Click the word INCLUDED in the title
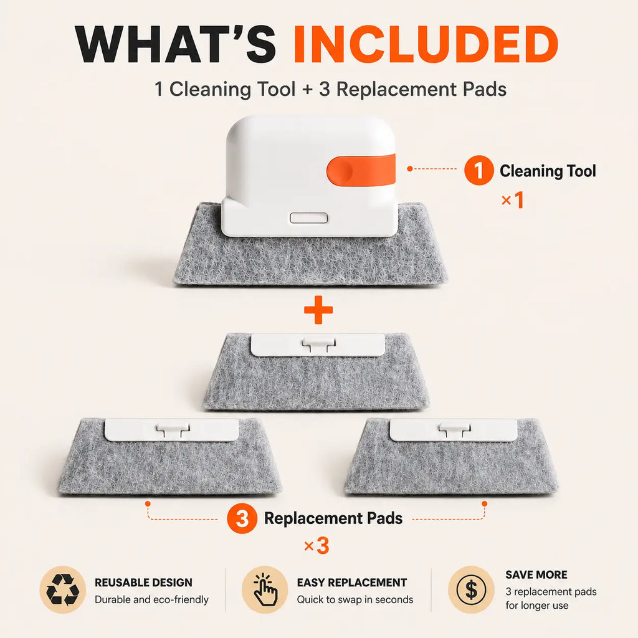tap(426, 45)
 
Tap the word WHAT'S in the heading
tap(176, 45)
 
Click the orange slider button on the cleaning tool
tap(361, 170)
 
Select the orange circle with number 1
tap(479, 171)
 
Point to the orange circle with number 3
tap(242, 518)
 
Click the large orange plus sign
tap(318, 310)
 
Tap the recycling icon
tap(63, 589)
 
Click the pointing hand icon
tap(265, 589)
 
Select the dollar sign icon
tap(471, 589)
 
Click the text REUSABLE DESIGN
tap(144, 583)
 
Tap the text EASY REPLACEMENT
tap(352, 583)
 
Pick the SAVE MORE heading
tap(536, 574)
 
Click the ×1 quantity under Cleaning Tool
tap(513, 200)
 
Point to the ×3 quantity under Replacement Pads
tap(317, 546)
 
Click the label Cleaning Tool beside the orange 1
tap(548, 171)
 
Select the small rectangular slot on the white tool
tap(309, 217)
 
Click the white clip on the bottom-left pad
tap(172, 430)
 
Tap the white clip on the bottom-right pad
tap(454, 430)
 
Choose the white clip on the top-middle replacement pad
tap(318, 345)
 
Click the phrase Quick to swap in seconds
tap(355, 599)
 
